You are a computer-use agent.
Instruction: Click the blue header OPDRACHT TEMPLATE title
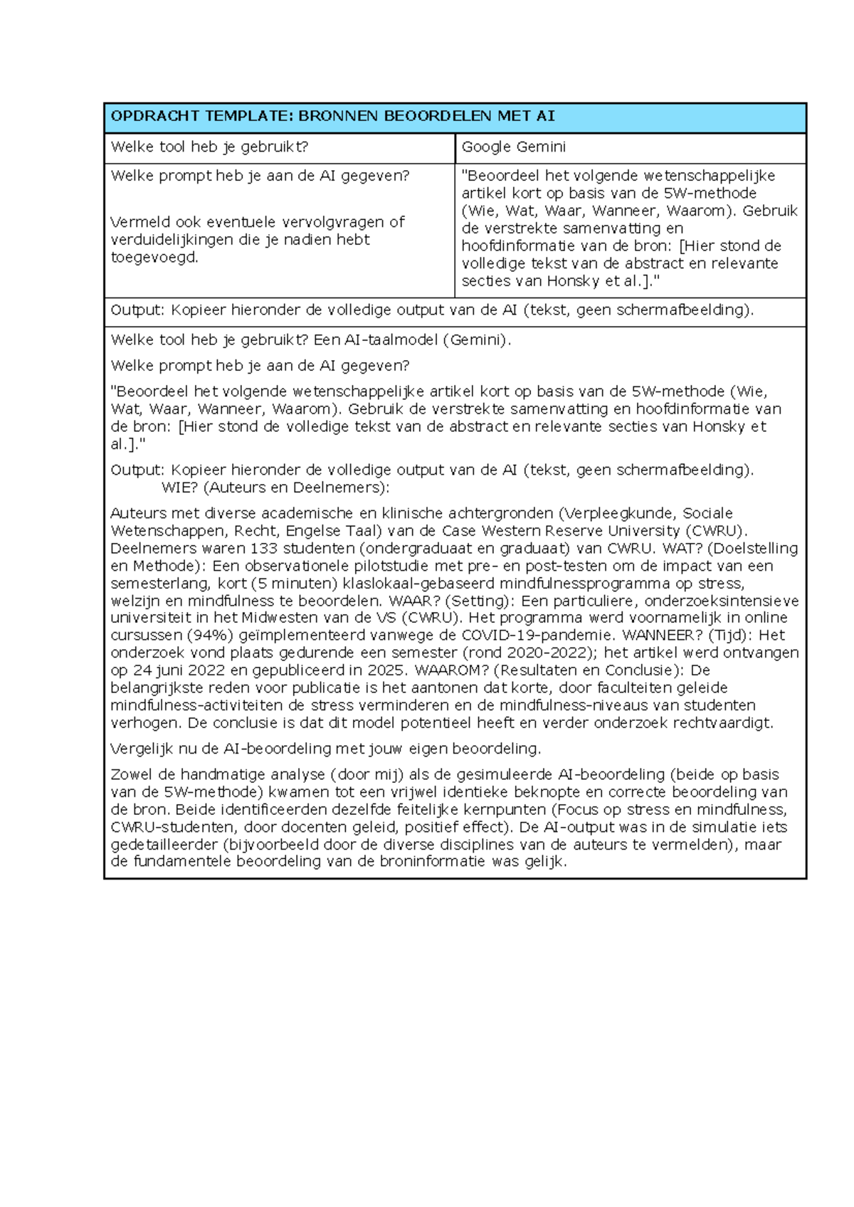[332, 116]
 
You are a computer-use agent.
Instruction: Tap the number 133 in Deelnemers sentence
[263, 549]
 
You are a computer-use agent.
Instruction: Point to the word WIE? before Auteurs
[179, 488]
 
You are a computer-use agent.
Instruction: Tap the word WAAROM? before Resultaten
[451, 670]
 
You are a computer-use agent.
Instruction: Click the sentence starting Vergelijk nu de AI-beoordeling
[325, 749]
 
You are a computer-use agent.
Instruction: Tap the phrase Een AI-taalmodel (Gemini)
[412, 340]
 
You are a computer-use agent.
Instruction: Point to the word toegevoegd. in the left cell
[154, 258]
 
